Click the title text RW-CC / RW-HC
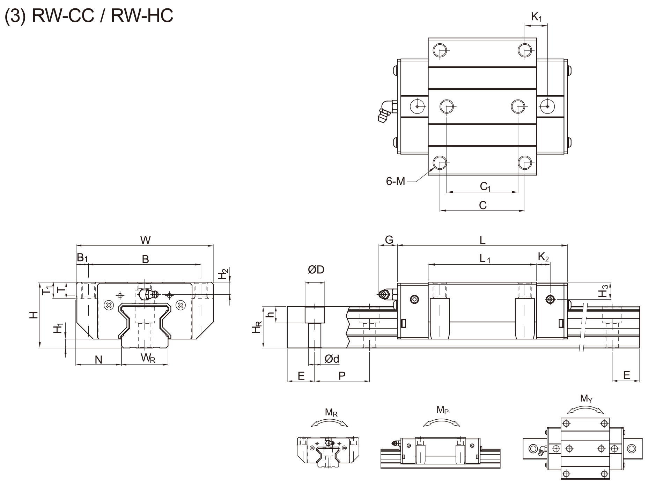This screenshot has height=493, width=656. tap(89, 16)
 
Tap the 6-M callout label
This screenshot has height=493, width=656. tap(395, 181)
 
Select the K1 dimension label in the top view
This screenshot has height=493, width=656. tap(536, 17)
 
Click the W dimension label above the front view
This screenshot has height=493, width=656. tap(145, 240)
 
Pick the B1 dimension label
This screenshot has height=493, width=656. tap(82, 258)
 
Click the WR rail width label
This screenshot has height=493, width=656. tap(148, 358)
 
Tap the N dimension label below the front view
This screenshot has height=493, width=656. tap(99, 360)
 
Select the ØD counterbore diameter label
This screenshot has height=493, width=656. tap(316, 270)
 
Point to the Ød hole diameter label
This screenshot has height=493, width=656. tap(332, 359)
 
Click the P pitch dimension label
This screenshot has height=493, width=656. tap(342, 376)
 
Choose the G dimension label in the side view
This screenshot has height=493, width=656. tap(389, 240)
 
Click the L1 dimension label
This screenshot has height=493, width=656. tap(485, 259)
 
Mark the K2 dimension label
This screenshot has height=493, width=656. tap(543, 257)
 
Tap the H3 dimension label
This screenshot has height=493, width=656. tap(604, 291)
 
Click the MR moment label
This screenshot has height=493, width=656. tap(331, 412)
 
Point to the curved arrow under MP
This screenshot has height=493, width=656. tap(442, 422)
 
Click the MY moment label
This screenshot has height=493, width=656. tap(586, 398)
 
